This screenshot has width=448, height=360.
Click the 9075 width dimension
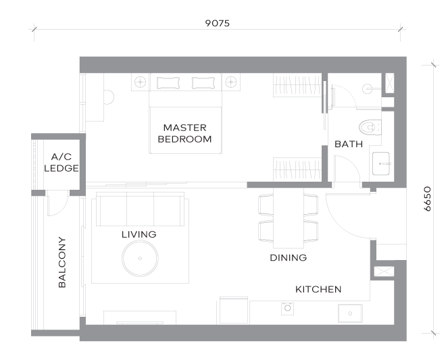click(217, 23)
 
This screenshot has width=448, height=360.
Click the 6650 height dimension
click(427, 199)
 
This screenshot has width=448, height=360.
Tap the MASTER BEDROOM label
click(184, 133)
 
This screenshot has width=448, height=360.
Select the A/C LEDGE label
click(61, 163)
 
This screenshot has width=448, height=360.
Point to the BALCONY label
click(62, 262)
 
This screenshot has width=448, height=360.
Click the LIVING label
click(139, 234)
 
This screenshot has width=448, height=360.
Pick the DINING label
click(289, 258)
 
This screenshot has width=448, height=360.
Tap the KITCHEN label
click(318, 290)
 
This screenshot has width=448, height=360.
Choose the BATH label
click(349, 144)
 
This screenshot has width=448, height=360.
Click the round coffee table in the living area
click(140, 259)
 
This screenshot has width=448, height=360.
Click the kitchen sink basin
click(350, 313)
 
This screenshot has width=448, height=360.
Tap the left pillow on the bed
click(168, 83)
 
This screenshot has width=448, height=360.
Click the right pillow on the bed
click(203, 83)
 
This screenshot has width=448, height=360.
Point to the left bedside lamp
click(141, 82)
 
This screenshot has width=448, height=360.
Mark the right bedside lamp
click(231, 82)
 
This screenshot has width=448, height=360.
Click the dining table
click(289, 218)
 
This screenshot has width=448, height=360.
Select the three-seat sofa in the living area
click(140, 209)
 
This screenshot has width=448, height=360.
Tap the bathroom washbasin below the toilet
click(381, 163)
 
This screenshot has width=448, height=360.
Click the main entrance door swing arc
click(339, 226)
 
